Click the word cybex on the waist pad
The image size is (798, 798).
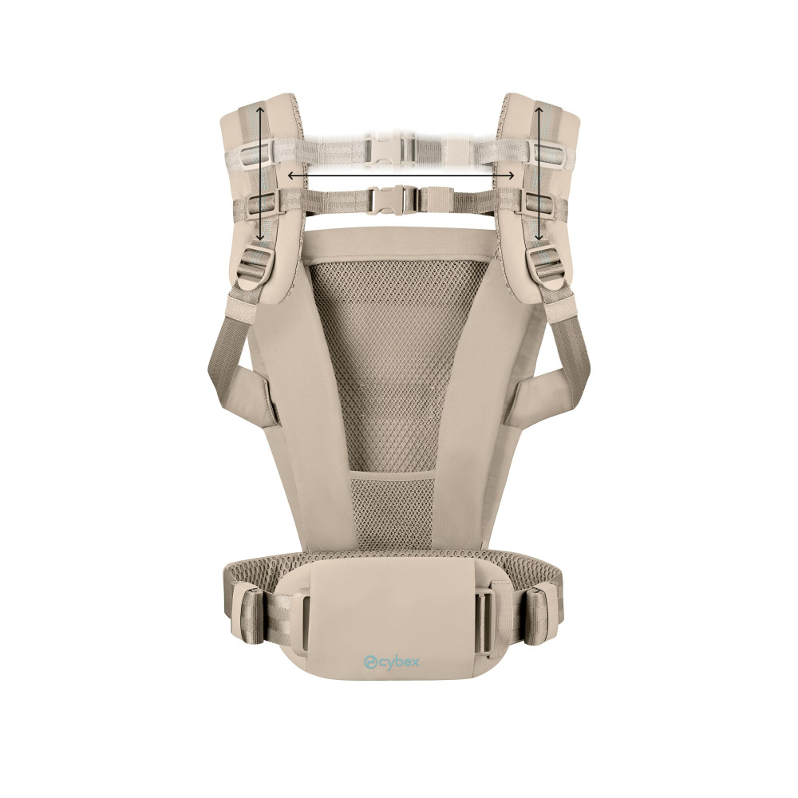tap(398, 662)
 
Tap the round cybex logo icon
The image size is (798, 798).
tap(370, 662)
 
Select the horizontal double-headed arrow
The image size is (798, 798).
tap(401, 176)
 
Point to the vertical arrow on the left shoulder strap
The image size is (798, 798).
tap(259, 173)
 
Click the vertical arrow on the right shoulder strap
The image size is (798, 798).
tap(539, 173)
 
